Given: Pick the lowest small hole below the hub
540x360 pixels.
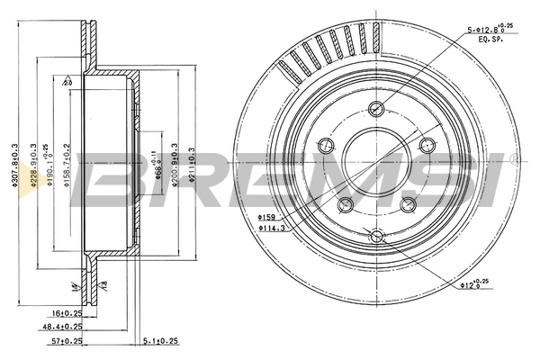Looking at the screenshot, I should point(377,237).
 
